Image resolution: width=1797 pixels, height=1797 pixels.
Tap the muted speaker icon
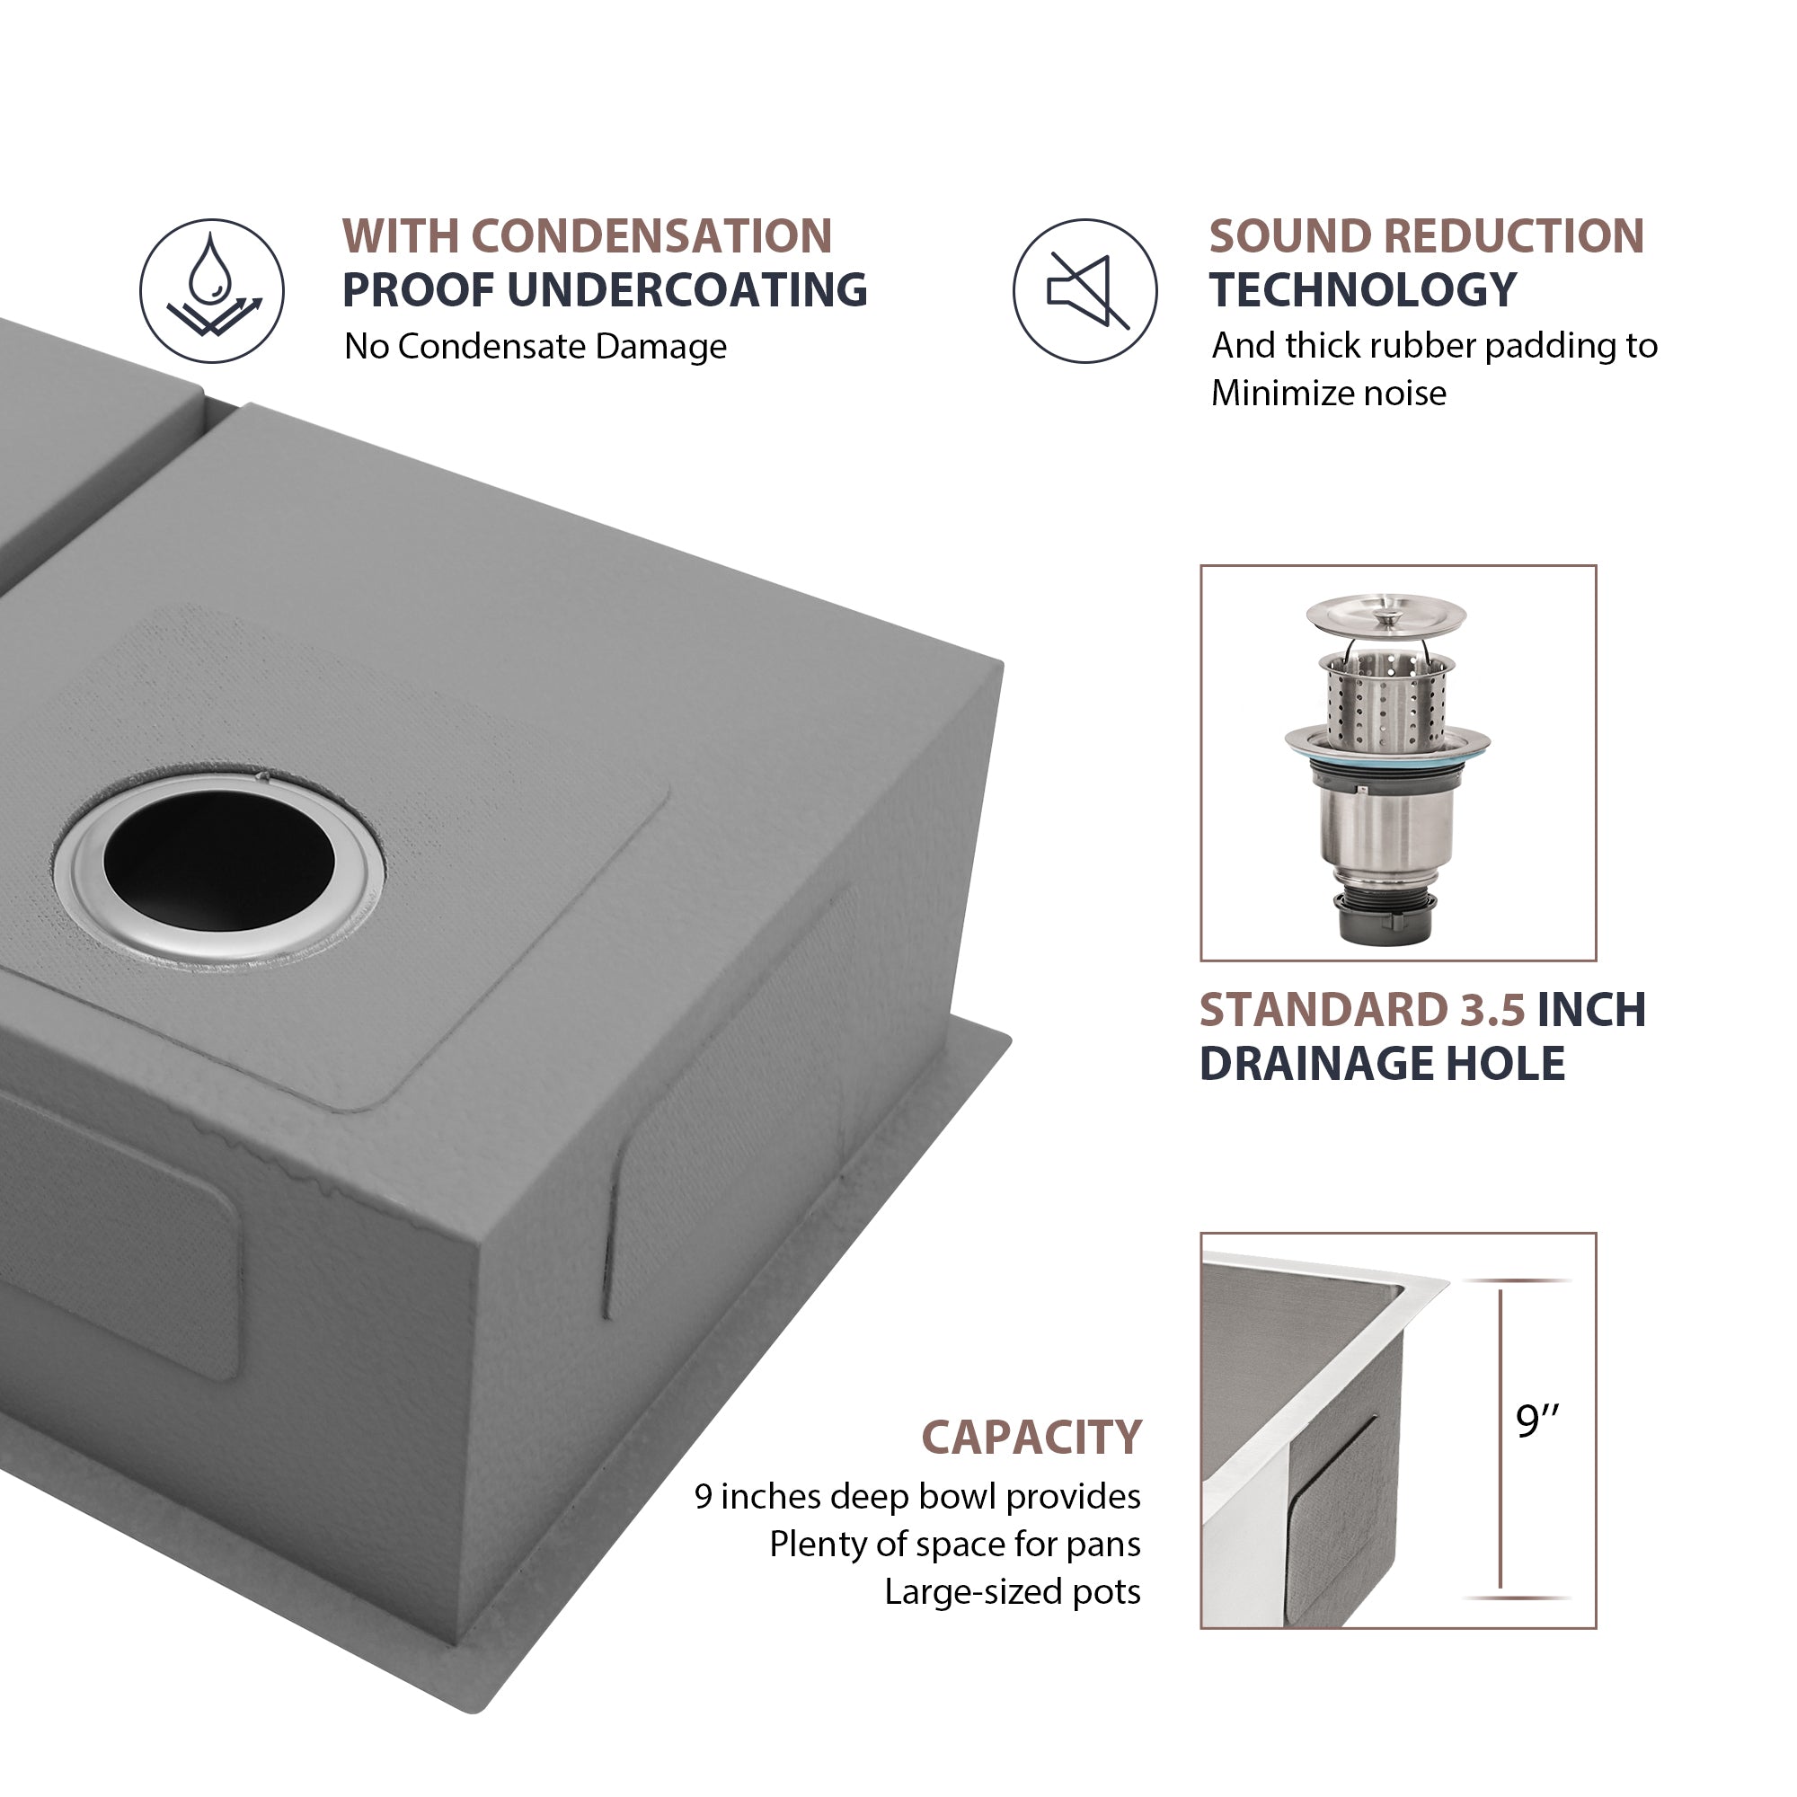click(x=1085, y=290)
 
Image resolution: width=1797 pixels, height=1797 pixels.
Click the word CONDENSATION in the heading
click(x=652, y=236)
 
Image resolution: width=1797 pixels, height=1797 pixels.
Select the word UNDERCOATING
click(x=687, y=290)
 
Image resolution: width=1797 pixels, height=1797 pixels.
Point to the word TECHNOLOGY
click(x=1363, y=290)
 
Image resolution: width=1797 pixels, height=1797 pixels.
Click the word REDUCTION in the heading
click(x=1514, y=236)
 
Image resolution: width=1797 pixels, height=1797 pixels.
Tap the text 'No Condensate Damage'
click(x=535, y=347)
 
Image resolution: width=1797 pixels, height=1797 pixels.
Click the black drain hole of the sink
click(x=219, y=861)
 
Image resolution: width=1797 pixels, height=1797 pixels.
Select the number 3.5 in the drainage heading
click(x=1485, y=1010)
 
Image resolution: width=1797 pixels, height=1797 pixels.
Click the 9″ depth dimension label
click(x=1536, y=1421)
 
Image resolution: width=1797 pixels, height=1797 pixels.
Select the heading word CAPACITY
click(x=1031, y=1437)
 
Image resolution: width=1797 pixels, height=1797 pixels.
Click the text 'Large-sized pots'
click(x=1012, y=1591)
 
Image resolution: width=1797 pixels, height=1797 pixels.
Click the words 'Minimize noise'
click(x=1328, y=394)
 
